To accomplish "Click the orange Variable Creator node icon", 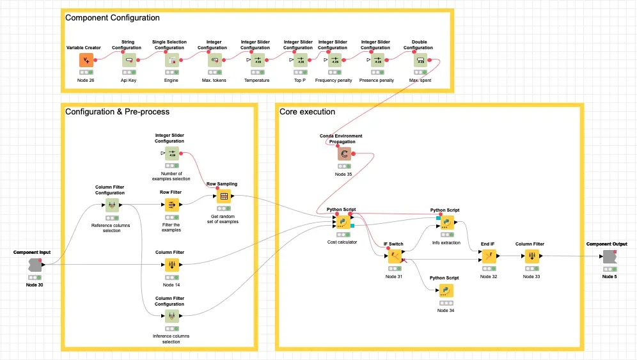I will (87, 60).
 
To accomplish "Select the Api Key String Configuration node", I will (129, 60).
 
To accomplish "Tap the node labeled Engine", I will (172, 60).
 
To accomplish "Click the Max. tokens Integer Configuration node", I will (215, 60).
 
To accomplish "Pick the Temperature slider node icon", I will (257, 60).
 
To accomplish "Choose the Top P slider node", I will (300, 60).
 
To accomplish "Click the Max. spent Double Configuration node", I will (420, 60).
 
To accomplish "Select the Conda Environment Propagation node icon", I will (345, 154).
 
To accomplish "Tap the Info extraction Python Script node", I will (446, 223).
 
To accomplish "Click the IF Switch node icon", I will (395, 256).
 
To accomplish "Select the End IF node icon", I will (488, 256).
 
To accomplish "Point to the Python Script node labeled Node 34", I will (446, 290).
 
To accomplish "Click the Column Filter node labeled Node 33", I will (531, 256).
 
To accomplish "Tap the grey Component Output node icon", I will (609, 256).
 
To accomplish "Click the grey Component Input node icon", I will (35, 265).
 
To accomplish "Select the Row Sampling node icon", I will (224, 196).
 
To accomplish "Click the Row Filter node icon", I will (172, 205).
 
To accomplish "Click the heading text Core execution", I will (307, 112).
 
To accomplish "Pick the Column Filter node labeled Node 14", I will (172, 265).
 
